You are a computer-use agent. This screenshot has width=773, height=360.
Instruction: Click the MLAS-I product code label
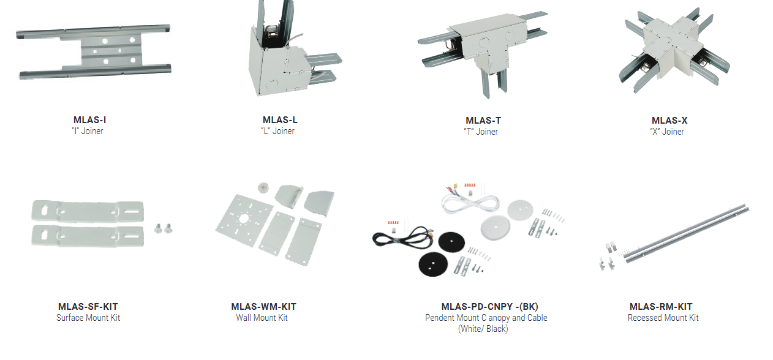tap(89, 119)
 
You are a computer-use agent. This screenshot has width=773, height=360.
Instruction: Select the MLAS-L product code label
tap(280, 119)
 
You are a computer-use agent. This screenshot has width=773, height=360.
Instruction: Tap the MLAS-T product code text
tap(483, 121)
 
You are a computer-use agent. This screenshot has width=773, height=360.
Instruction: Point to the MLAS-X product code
tap(669, 121)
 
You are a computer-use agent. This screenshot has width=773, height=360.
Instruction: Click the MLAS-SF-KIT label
tap(88, 307)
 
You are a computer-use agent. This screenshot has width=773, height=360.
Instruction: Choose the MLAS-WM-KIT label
tap(263, 307)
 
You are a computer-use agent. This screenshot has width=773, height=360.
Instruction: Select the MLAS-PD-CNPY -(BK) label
tap(489, 307)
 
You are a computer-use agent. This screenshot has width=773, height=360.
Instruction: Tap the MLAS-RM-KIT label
tap(661, 307)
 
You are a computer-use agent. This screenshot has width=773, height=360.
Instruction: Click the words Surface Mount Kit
tap(88, 318)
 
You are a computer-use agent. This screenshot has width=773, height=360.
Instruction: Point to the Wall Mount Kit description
tap(262, 318)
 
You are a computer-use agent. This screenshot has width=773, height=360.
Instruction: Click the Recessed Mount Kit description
tap(663, 318)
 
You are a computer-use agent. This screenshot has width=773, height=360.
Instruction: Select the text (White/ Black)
tap(483, 329)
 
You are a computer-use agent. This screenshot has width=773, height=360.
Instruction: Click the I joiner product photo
tap(94, 51)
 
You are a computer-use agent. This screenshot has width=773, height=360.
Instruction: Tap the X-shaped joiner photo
tap(674, 50)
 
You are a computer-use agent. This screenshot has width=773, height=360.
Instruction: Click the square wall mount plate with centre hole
tap(244, 220)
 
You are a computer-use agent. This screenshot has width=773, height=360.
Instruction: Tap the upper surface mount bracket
tap(88, 211)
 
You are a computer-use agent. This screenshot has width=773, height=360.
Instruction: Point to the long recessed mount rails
tap(687, 233)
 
